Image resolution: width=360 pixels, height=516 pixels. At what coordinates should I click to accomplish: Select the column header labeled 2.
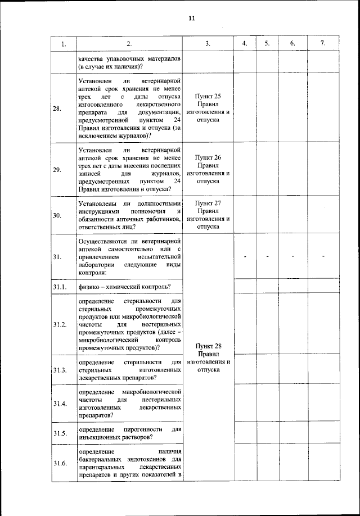click(129, 44)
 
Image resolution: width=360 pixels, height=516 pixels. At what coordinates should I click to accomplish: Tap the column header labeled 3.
click(208, 44)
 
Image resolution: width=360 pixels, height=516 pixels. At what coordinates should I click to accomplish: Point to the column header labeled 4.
click(245, 44)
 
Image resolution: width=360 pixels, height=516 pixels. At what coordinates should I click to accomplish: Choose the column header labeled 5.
click(267, 44)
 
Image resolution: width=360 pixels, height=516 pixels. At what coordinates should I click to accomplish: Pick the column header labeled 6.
click(292, 44)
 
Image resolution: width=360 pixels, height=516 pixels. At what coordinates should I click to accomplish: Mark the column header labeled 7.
click(322, 44)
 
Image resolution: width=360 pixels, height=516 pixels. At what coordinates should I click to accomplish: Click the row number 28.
click(57, 108)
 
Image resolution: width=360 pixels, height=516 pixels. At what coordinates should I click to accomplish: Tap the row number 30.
click(57, 215)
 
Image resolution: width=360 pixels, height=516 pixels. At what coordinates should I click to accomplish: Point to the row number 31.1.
click(60, 288)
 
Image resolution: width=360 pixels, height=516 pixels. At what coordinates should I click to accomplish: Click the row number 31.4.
click(60, 404)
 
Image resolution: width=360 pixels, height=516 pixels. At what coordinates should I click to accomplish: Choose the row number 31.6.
click(60, 463)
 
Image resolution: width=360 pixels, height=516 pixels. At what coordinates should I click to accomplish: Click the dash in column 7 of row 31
click(324, 257)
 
